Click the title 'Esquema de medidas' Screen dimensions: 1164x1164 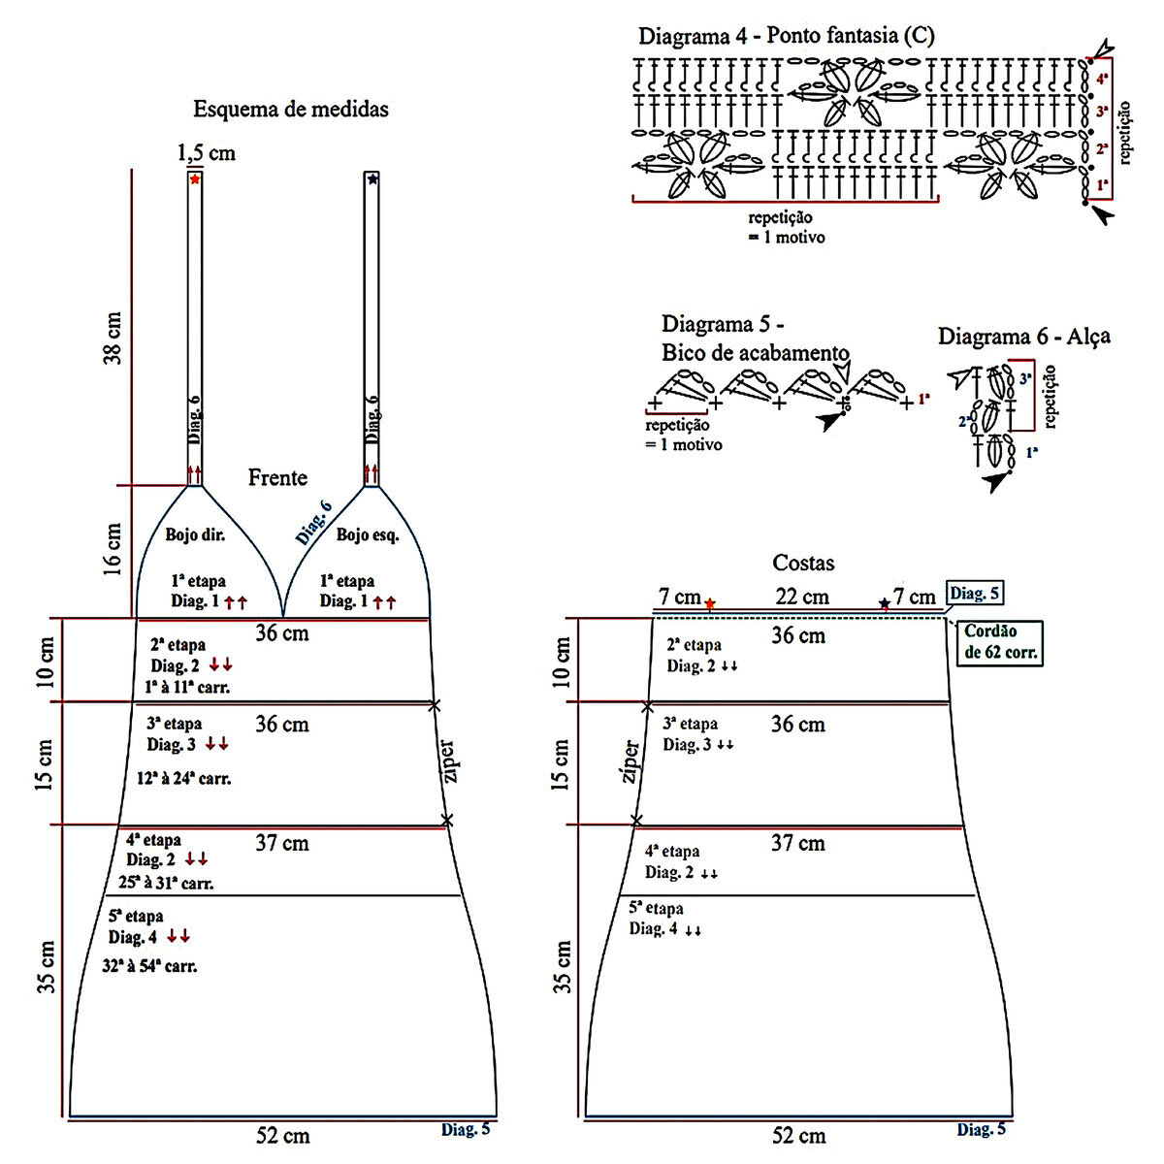[x=291, y=109]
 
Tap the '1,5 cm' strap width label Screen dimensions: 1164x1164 [x=206, y=153]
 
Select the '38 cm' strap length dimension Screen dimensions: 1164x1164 [x=113, y=338]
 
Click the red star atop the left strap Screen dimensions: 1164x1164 [x=195, y=179]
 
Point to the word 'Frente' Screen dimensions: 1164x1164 [x=277, y=477]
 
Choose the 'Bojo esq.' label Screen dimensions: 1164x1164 [x=368, y=534]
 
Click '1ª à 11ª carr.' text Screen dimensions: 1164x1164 [x=186, y=688]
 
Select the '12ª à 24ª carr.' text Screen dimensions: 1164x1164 [x=189, y=778]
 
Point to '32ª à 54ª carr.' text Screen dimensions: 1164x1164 [x=149, y=966]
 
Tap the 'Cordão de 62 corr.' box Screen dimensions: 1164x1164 [x=1001, y=642]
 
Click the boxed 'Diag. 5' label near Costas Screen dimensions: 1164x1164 [x=977, y=594]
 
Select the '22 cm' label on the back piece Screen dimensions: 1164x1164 [x=801, y=597]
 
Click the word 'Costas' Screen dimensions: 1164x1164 [x=803, y=563]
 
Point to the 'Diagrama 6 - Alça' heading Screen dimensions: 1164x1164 [x=1023, y=337]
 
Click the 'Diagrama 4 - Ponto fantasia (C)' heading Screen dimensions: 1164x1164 [x=787, y=37]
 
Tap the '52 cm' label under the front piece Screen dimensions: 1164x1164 [x=283, y=1135]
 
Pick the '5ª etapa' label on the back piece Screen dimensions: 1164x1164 [x=656, y=909]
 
